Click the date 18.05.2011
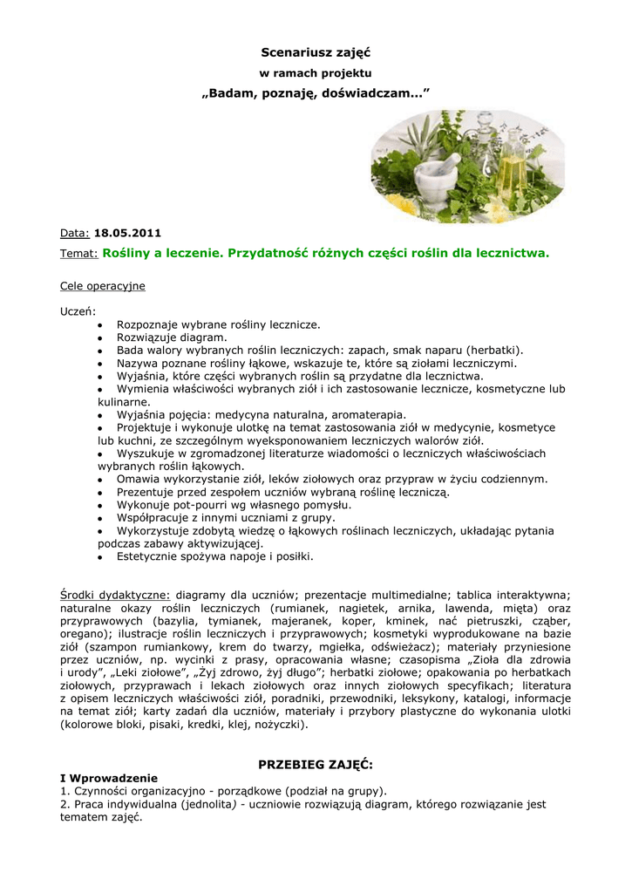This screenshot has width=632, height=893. click(127, 234)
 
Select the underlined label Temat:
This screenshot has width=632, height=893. click(78, 254)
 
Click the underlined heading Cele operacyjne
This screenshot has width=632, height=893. click(102, 285)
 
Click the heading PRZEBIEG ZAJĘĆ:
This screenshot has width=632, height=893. click(316, 764)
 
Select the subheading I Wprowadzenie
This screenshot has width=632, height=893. click(109, 778)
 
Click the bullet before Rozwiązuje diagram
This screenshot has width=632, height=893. click(101, 337)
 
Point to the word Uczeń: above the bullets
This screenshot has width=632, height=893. click(78, 311)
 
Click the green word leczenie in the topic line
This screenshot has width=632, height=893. click(190, 254)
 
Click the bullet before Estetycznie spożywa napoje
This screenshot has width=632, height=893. click(101, 556)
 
